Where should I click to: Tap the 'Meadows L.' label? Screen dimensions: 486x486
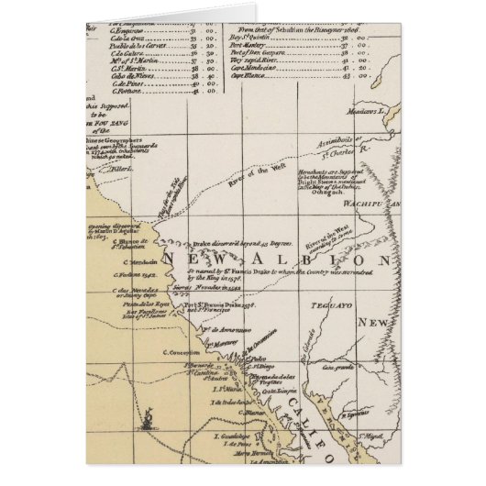376,108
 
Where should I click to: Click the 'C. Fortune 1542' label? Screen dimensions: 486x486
132,274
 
